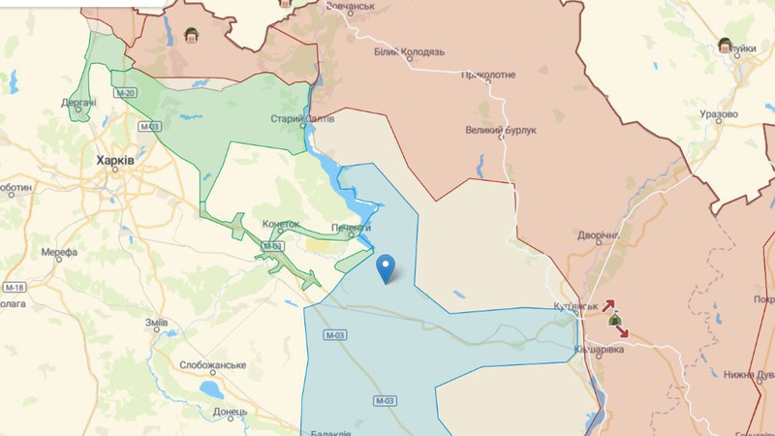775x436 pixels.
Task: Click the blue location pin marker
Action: [x=387, y=266]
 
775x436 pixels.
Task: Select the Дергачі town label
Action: [x=78, y=102]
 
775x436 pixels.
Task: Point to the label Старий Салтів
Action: [x=302, y=119]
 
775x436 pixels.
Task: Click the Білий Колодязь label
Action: [x=409, y=51]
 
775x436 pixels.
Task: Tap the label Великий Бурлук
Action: [x=501, y=130]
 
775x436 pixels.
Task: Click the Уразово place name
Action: [x=718, y=114]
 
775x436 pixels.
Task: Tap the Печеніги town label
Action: [x=351, y=228]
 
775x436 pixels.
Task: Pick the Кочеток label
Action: [x=281, y=224]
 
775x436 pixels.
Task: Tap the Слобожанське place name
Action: [x=212, y=365]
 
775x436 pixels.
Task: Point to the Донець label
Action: [x=231, y=411]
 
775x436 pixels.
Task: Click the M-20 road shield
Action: [x=124, y=93]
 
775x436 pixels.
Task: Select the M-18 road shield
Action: [x=14, y=288]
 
